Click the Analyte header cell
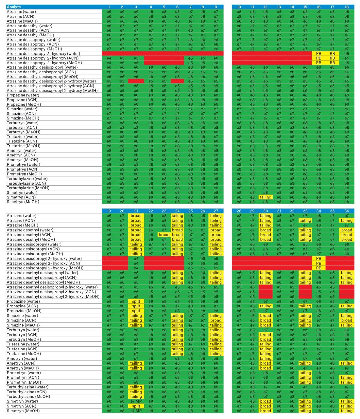54,7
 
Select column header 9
216,7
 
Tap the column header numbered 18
347,7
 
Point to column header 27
216,211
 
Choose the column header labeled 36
347,211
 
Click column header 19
109,211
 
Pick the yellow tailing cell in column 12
266,197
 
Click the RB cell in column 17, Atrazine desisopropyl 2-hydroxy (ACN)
332,58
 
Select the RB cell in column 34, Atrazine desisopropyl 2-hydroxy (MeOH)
319,268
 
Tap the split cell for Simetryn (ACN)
136,406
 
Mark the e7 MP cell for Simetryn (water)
136,401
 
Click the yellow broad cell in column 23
164,235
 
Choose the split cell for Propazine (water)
136,301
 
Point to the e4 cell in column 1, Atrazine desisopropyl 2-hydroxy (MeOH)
109,63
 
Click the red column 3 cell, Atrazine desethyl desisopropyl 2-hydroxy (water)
136,81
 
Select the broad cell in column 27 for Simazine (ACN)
216,320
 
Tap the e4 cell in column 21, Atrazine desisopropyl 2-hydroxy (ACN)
136,263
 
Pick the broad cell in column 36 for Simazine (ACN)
347,320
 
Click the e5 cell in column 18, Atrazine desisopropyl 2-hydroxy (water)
347,54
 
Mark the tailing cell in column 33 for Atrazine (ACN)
305,221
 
